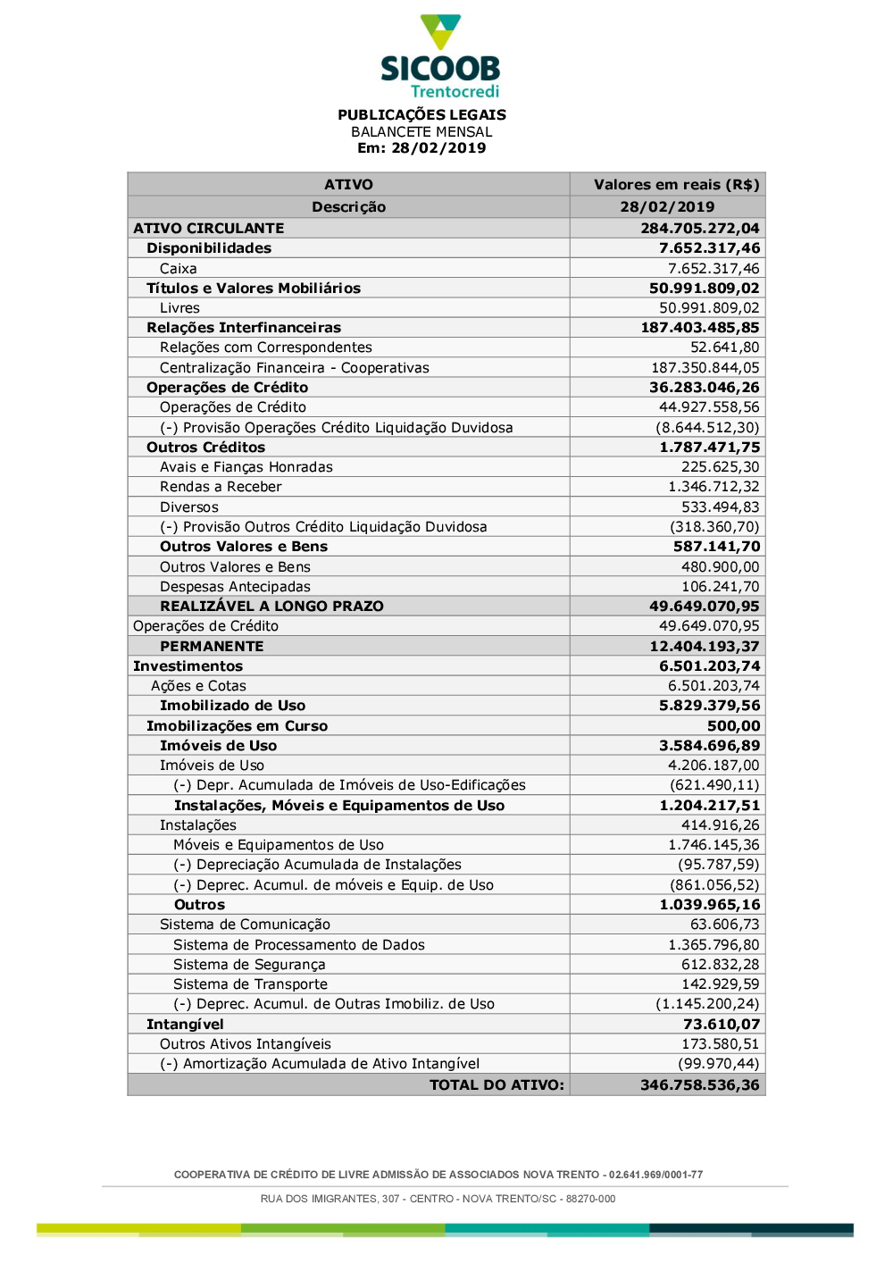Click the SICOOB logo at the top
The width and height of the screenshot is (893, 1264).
pos(440,56)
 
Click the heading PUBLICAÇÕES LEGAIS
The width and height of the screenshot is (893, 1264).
pos(421,114)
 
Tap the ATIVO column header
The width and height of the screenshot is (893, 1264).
pos(348,185)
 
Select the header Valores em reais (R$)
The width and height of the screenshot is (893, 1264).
pos(676,185)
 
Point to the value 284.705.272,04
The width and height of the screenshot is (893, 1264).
pos(699,229)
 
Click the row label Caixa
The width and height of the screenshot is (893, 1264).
pos(179,269)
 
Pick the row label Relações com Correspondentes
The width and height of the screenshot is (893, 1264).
pos(265,347)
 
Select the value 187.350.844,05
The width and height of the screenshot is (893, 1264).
pos(705,368)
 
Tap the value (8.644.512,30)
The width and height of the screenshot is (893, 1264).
pos(707,428)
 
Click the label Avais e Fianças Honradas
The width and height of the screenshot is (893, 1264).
pos(246,467)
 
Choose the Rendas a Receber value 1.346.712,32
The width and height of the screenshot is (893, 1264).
pos(714,487)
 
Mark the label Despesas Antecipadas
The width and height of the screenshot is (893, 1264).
pos(235,587)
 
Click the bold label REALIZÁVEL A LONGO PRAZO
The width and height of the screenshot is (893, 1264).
pos(271,607)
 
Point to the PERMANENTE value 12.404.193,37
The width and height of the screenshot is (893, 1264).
pos(704,647)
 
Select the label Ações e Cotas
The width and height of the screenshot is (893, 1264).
pos(198,686)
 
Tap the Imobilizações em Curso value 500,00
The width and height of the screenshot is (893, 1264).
pos(733,726)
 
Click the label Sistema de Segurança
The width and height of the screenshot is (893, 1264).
pos(249,965)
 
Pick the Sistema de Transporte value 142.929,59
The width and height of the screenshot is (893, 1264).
pos(720,984)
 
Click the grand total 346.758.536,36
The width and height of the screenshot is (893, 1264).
pos(699,1085)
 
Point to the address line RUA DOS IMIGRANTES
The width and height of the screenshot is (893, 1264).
pos(438,1199)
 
